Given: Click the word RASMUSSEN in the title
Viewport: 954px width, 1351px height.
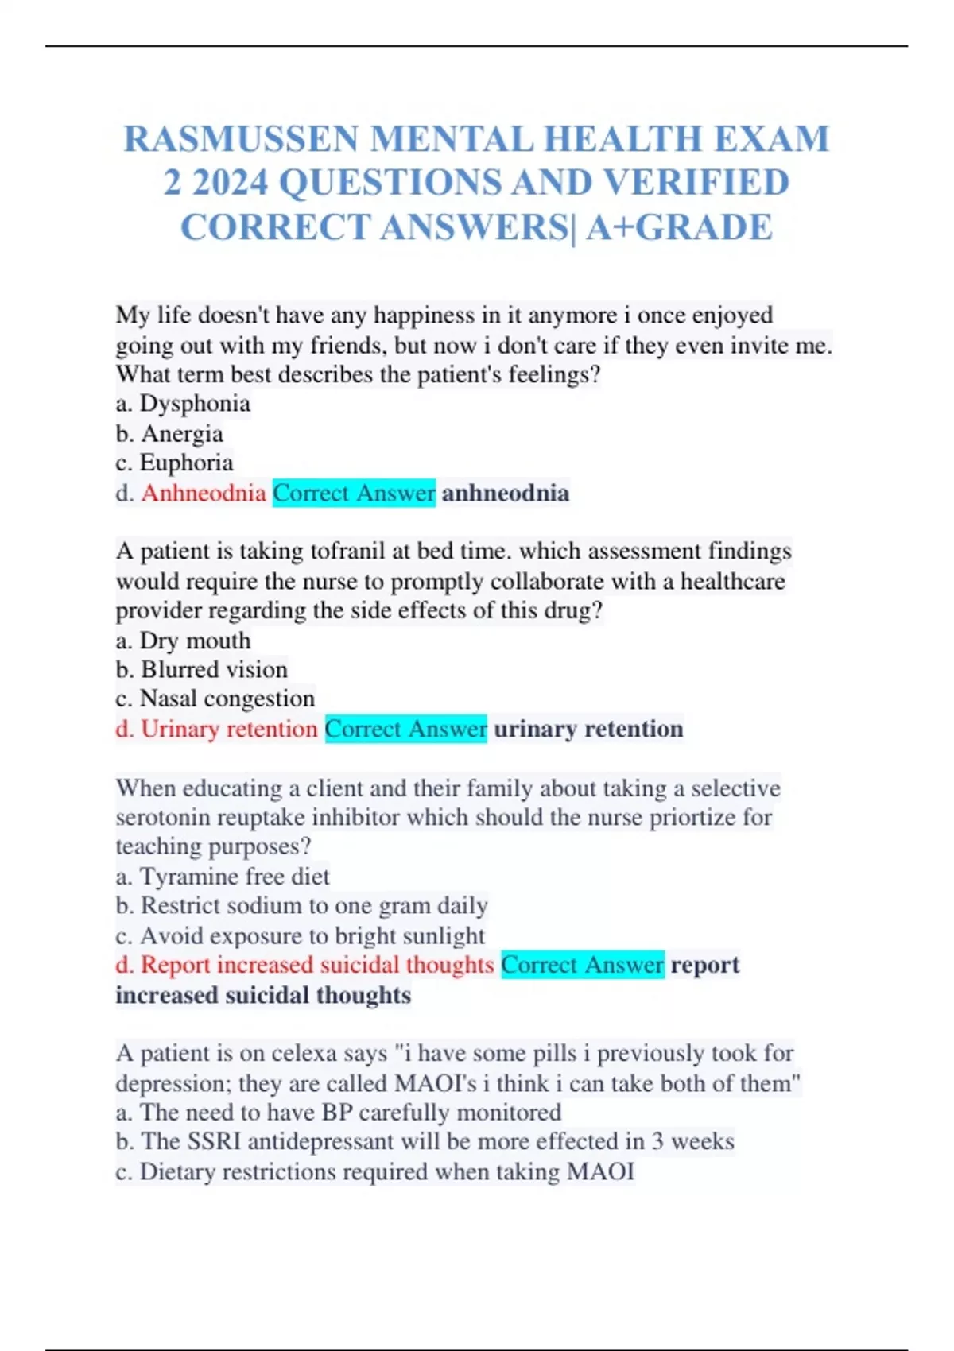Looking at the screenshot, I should [242, 140].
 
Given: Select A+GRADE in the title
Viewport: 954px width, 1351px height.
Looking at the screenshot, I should [679, 228].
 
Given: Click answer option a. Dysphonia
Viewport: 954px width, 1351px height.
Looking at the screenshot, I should [183, 404].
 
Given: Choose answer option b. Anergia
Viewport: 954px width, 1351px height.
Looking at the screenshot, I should [169, 434].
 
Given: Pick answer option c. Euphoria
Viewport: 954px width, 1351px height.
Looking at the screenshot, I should [174, 463].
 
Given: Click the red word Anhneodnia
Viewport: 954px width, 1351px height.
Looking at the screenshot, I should [204, 494].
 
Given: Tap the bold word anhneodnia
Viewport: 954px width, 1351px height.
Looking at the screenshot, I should [506, 494].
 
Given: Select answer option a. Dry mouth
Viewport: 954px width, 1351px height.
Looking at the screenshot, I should [183, 641].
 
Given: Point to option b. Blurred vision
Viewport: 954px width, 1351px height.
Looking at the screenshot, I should [201, 670].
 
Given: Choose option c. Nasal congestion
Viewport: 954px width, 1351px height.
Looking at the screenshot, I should [215, 699].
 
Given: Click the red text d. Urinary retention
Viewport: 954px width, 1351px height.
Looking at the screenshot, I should [216, 729].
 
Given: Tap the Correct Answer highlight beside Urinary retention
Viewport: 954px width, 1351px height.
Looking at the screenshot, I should [405, 729].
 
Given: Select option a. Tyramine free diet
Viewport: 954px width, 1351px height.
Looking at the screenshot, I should [222, 877].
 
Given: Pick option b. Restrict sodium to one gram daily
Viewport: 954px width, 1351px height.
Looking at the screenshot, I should [301, 906].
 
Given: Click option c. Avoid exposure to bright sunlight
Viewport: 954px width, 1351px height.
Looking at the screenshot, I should [300, 935].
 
